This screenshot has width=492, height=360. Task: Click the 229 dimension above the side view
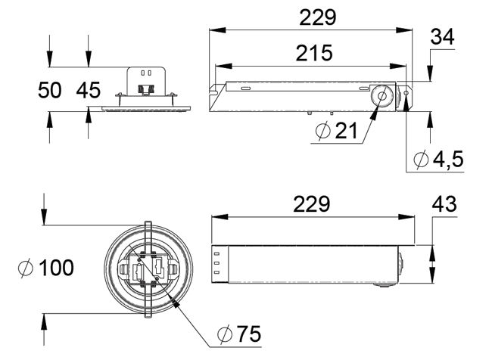(318, 17)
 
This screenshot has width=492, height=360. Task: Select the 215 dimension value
(314, 53)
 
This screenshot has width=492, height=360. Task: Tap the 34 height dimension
(443, 37)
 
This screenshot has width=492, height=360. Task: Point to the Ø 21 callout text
(336, 130)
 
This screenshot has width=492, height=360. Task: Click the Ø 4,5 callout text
(439, 159)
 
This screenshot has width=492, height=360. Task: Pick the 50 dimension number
(49, 90)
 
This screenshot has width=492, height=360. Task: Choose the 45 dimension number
(88, 90)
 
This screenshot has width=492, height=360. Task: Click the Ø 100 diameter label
(46, 268)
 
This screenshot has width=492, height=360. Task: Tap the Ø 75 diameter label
(239, 334)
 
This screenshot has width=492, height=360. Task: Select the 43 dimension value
(444, 204)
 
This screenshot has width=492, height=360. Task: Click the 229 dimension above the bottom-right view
(312, 204)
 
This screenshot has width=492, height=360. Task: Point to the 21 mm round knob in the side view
(381, 95)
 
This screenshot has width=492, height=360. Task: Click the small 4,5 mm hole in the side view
(406, 93)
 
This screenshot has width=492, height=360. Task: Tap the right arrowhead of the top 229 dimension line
(404, 30)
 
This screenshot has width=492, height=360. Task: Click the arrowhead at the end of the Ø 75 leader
(175, 303)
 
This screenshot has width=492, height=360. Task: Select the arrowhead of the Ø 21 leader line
(373, 113)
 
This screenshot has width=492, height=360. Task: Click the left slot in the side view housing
(246, 88)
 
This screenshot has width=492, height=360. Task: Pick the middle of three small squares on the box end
(216, 262)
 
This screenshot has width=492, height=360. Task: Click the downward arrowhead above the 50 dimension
(49, 59)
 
